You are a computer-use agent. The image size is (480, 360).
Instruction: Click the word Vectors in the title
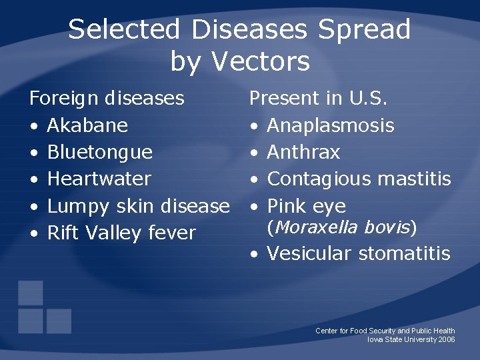click(261, 61)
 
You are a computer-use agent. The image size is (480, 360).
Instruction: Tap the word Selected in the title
click(123, 30)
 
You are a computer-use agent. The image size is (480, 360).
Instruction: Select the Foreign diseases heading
click(107, 99)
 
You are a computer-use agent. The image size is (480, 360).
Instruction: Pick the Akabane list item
click(87, 125)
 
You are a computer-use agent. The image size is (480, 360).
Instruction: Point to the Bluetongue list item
click(100, 152)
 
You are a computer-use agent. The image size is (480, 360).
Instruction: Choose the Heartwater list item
click(99, 179)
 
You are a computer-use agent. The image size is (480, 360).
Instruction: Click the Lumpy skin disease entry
click(138, 206)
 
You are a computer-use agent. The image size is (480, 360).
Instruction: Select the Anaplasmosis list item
click(330, 125)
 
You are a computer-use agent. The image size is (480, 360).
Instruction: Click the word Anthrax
click(303, 152)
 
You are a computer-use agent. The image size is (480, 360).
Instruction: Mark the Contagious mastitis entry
click(359, 179)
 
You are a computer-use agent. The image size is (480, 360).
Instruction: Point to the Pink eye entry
click(306, 206)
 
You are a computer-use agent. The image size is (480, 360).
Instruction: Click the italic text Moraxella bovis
click(341, 228)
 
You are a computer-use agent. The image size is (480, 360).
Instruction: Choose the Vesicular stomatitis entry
click(358, 253)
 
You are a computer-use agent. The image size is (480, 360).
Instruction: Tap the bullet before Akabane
click(33, 126)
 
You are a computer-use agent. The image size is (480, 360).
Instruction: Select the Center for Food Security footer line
click(385, 331)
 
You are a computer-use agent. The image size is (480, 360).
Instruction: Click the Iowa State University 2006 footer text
click(411, 339)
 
